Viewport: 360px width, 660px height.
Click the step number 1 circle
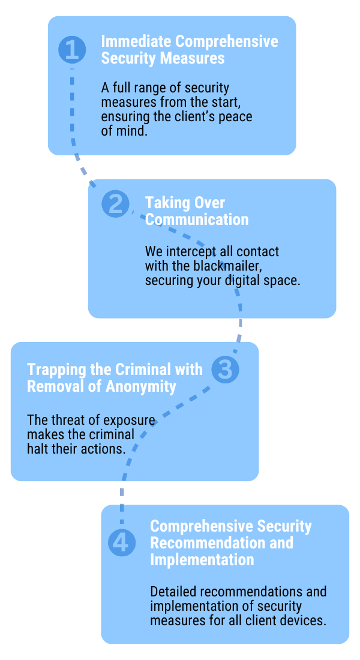72,49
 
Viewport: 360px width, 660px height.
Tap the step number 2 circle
115,204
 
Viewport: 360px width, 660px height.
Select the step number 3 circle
224,370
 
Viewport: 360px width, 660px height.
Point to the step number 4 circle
121,542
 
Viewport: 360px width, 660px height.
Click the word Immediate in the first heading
133,41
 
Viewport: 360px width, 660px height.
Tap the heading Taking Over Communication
196,211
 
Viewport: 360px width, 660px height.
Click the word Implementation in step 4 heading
202,560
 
